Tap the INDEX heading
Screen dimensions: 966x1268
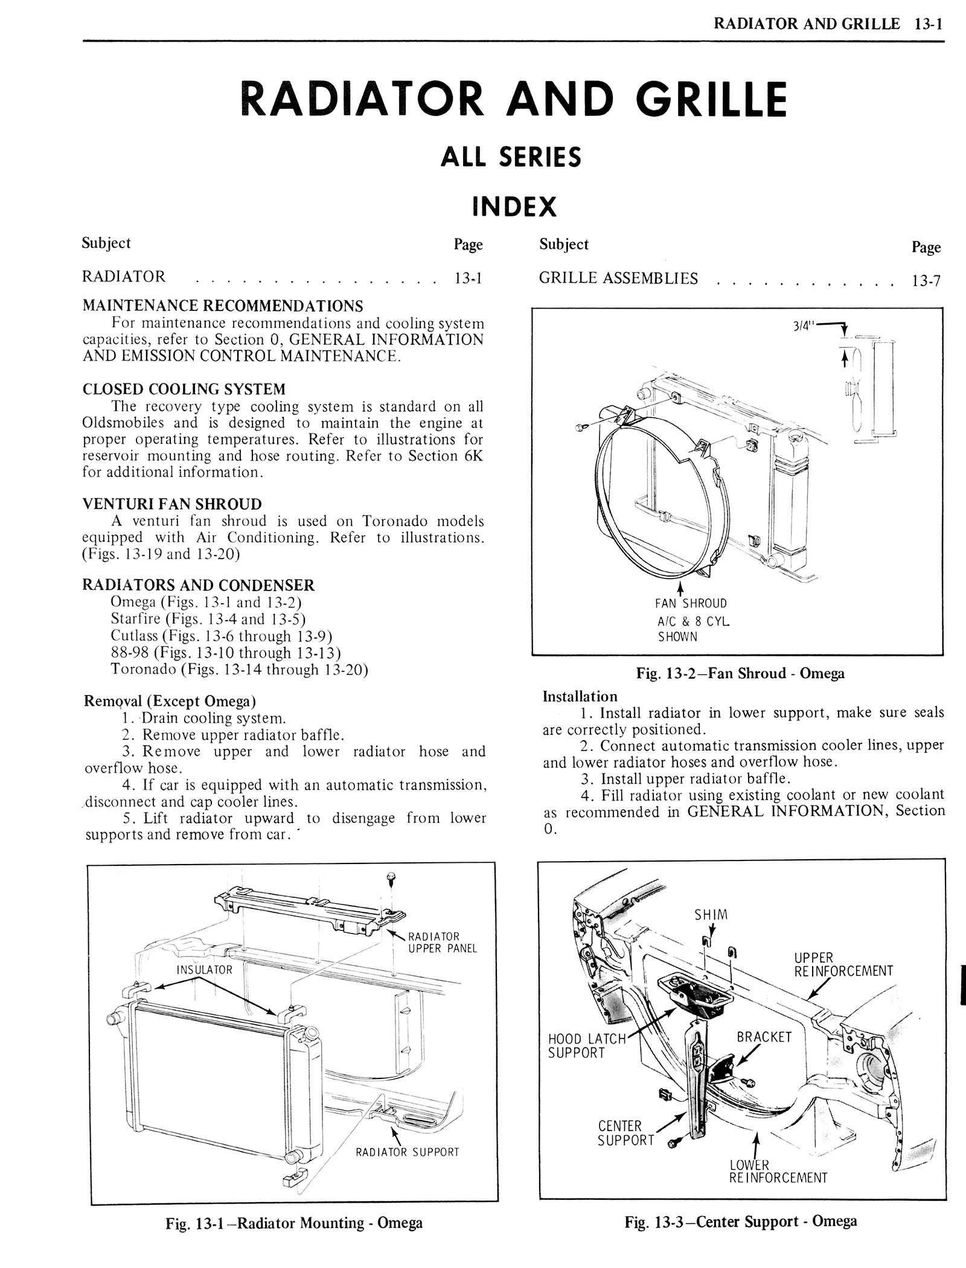514,207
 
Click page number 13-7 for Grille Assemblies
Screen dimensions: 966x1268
926,280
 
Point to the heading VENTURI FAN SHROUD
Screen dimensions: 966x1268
172,504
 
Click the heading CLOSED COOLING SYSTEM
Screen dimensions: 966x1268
184,389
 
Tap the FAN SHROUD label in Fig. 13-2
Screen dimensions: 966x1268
691,603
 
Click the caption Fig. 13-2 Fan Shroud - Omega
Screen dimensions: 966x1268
740,673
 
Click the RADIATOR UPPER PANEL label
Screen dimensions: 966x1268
443,943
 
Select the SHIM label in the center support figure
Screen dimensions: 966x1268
711,915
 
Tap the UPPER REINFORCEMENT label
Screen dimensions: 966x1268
843,964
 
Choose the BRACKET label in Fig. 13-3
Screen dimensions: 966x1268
764,1037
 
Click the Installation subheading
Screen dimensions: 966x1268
580,696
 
